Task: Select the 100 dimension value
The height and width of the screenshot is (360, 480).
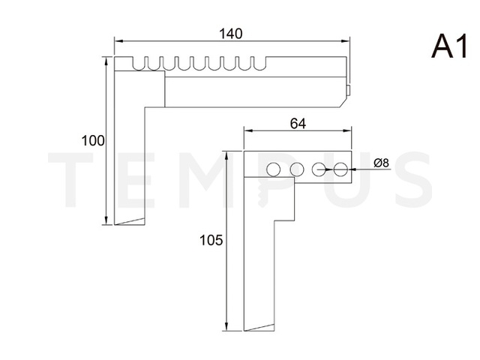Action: (93, 140)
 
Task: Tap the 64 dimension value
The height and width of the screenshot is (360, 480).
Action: (297, 124)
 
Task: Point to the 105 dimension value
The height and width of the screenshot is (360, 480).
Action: (211, 240)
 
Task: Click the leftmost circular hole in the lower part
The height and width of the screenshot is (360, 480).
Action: (274, 169)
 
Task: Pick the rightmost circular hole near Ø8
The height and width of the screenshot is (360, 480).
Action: (341, 169)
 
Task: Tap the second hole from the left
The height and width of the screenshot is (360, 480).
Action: (296, 169)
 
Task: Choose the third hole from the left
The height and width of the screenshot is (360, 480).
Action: (319, 169)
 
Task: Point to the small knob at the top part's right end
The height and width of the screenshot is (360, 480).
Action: (350, 90)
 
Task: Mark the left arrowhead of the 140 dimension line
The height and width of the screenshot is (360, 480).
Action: (117, 41)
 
